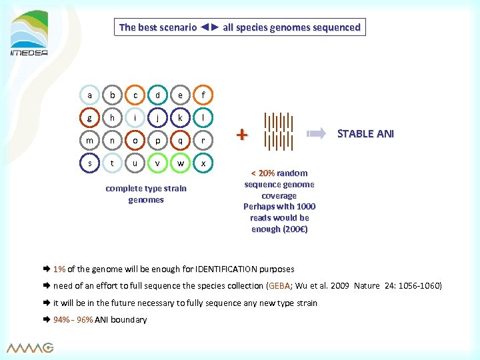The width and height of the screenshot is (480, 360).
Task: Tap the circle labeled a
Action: pyautogui.click(x=89, y=95)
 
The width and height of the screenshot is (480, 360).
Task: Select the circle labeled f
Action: pyautogui.click(x=203, y=95)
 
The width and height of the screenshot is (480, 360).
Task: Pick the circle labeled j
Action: pyautogui.click(x=158, y=118)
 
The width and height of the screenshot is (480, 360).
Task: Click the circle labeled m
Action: pyautogui.click(x=89, y=141)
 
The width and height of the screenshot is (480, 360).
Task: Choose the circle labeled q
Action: pyautogui.click(x=181, y=141)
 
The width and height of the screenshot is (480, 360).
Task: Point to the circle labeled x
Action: pyautogui.click(x=203, y=163)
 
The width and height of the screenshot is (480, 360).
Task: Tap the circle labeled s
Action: pyautogui.click(x=89, y=163)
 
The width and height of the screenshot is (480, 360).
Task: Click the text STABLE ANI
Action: pyautogui.click(x=365, y=133)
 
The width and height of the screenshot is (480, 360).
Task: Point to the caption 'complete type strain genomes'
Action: pyautogui.click(x=146, y=194)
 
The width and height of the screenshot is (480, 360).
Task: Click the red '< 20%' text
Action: pyautogui.click(x=261, y=173)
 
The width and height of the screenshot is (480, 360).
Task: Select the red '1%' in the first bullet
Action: pyautogui.click(x=59, y=269)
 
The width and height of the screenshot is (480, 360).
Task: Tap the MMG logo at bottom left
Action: pyautogui.click(x=30, y=347)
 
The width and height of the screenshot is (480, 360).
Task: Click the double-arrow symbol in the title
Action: pyautogui.click(x=209, y=27)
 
